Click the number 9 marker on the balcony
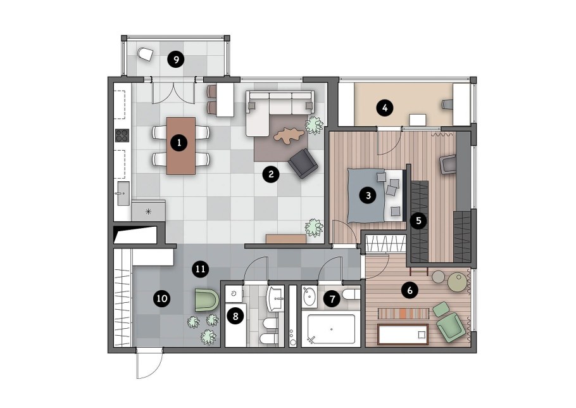(x=176, y=60)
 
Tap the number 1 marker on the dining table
(x=179, y=143)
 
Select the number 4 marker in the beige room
(x=385, y=108)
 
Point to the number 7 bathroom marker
(x=332, y=299)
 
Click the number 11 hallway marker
(x=200, y=269)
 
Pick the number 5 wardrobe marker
(x=418, y=221)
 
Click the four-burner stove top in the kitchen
(x=122, y=136)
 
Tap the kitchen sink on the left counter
(x=123, y=193)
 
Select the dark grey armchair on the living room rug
(x=303, y=163)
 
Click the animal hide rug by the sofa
(x=289, y=136)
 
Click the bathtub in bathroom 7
(x=331, y=329)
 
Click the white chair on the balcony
(x=145, y=54)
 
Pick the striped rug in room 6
(x=404, y=314)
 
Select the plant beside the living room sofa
(x=314, y=125)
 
